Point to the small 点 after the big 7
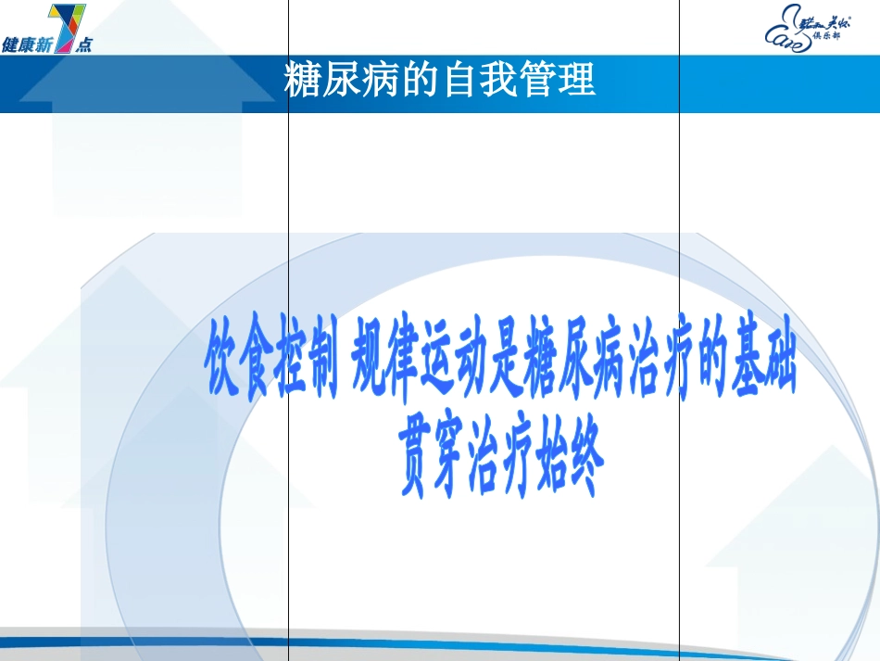click(84, 44)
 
